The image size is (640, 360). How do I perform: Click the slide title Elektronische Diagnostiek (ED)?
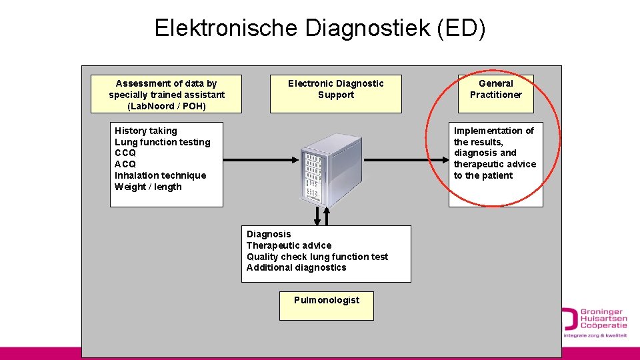coord(320,28)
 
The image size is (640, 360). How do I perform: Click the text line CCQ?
coord(125,153)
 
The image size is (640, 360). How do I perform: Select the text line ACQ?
coord(125,164)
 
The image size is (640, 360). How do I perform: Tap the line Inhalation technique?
coord(160,175)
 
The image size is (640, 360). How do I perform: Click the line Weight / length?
coord(148,187)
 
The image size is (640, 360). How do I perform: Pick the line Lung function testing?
coord(162,142)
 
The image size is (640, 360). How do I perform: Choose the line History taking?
coord(146,131)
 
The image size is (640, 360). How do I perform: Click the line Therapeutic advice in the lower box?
coord(289,245)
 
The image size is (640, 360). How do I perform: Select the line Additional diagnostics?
coord(296,267)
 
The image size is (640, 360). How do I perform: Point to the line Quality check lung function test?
coord(317,257)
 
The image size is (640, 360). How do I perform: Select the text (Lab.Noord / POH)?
coord(167,106)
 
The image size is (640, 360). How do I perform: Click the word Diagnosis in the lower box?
coord(269,234)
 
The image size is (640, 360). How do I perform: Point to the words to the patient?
coord(483,175)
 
